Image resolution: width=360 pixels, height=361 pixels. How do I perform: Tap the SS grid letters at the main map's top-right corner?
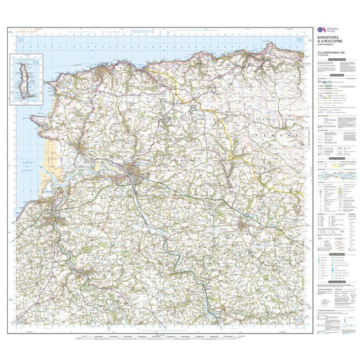tap(298, 41)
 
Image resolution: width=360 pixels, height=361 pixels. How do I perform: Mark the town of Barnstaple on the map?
tap(134, 173)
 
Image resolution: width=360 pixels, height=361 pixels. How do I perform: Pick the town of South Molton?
tap(243, 227)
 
